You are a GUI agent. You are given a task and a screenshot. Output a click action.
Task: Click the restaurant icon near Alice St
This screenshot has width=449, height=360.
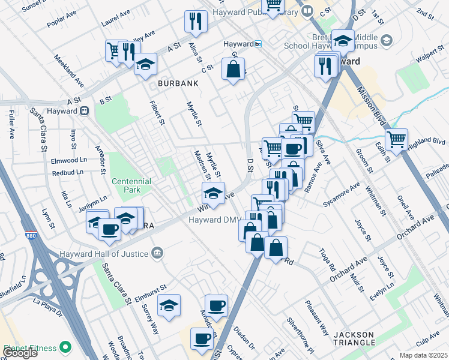(195, 22)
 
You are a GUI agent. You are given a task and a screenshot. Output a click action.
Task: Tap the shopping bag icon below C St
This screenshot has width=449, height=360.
(233, 69)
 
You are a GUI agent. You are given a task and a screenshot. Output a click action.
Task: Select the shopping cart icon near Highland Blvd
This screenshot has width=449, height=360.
(396, 139)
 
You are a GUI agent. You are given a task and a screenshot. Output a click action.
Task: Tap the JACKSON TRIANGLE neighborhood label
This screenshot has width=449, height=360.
(355, 339)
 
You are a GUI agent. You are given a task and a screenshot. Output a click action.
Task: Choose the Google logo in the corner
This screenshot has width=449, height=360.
(20, 353)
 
